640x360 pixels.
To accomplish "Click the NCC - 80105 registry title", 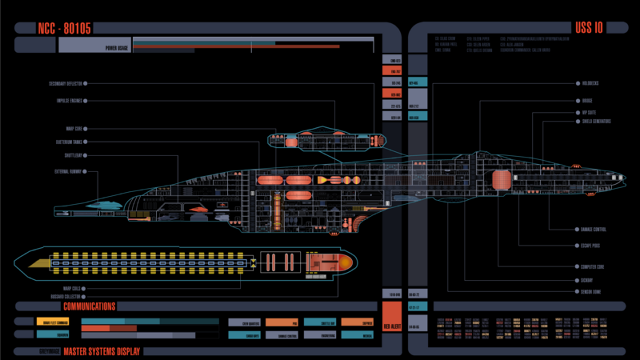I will [x=64, y=28].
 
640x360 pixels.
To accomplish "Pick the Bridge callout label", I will [x=587, y=101].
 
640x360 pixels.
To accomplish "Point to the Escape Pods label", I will [x=591, y=246].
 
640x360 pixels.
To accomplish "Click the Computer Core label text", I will [x=592, y=266].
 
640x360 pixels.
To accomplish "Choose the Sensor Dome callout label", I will [x=591, y=292].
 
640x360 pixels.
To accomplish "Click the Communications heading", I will [x=89, y=306].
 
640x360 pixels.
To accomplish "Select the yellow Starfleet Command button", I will [x=51, y=322].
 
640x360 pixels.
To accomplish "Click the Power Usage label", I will [x=117, y=47].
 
